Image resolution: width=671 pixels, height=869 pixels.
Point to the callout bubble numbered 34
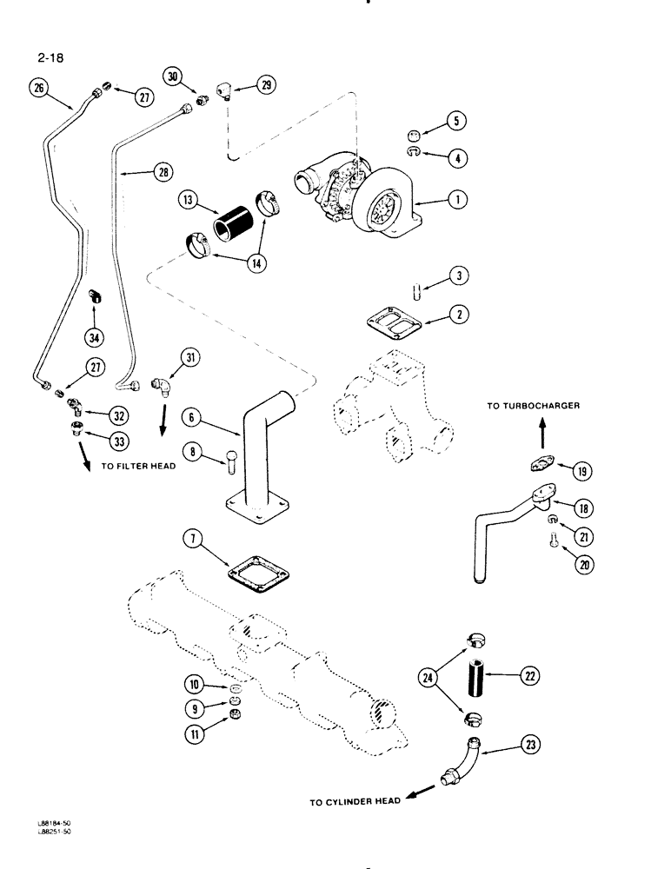click(x=94, y=334)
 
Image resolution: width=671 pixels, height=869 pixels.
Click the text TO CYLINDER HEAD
click(x=355, y=802)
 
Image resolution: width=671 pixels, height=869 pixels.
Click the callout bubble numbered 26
click(x=37, y=87)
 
